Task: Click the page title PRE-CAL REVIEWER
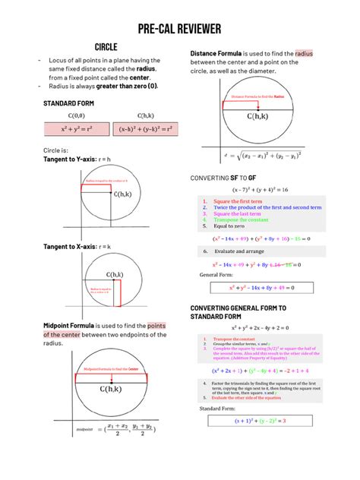[179, 29]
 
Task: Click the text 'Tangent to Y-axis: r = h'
[77, 159]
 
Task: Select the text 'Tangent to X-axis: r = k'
[77, 247]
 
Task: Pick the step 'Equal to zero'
[231, 226]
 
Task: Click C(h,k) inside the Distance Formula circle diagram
[261, 117]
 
